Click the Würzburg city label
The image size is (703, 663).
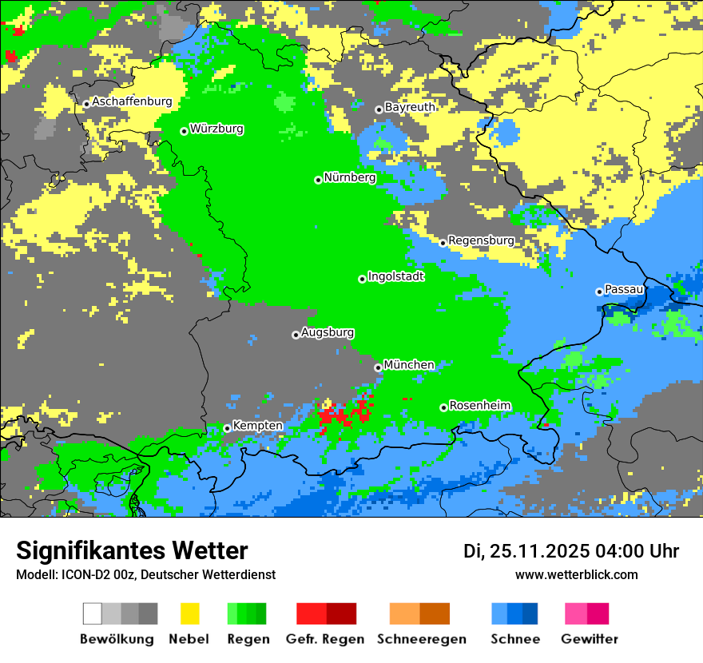[216, 129]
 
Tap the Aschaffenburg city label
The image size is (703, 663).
[132, 101]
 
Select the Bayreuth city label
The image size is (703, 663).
[410, 107]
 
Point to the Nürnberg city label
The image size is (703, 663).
[350, 177]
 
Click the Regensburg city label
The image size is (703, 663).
[481, 240]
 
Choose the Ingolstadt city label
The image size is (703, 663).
[396, 276]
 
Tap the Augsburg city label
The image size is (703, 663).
[328, 332]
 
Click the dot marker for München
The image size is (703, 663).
[378, 367]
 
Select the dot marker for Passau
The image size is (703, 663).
[599, 292]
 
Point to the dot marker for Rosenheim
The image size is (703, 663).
[443, 407]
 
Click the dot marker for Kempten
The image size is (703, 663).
[227, 428]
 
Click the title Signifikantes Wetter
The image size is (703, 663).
[132, 550]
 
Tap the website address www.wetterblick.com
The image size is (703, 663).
[576, 574]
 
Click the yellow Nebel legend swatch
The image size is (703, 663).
[189, 613]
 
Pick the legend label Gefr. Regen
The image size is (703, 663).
[325, 639]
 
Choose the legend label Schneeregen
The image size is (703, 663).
[422, 639]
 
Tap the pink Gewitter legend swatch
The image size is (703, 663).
[576, 613]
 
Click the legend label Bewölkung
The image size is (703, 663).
[117, 639]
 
